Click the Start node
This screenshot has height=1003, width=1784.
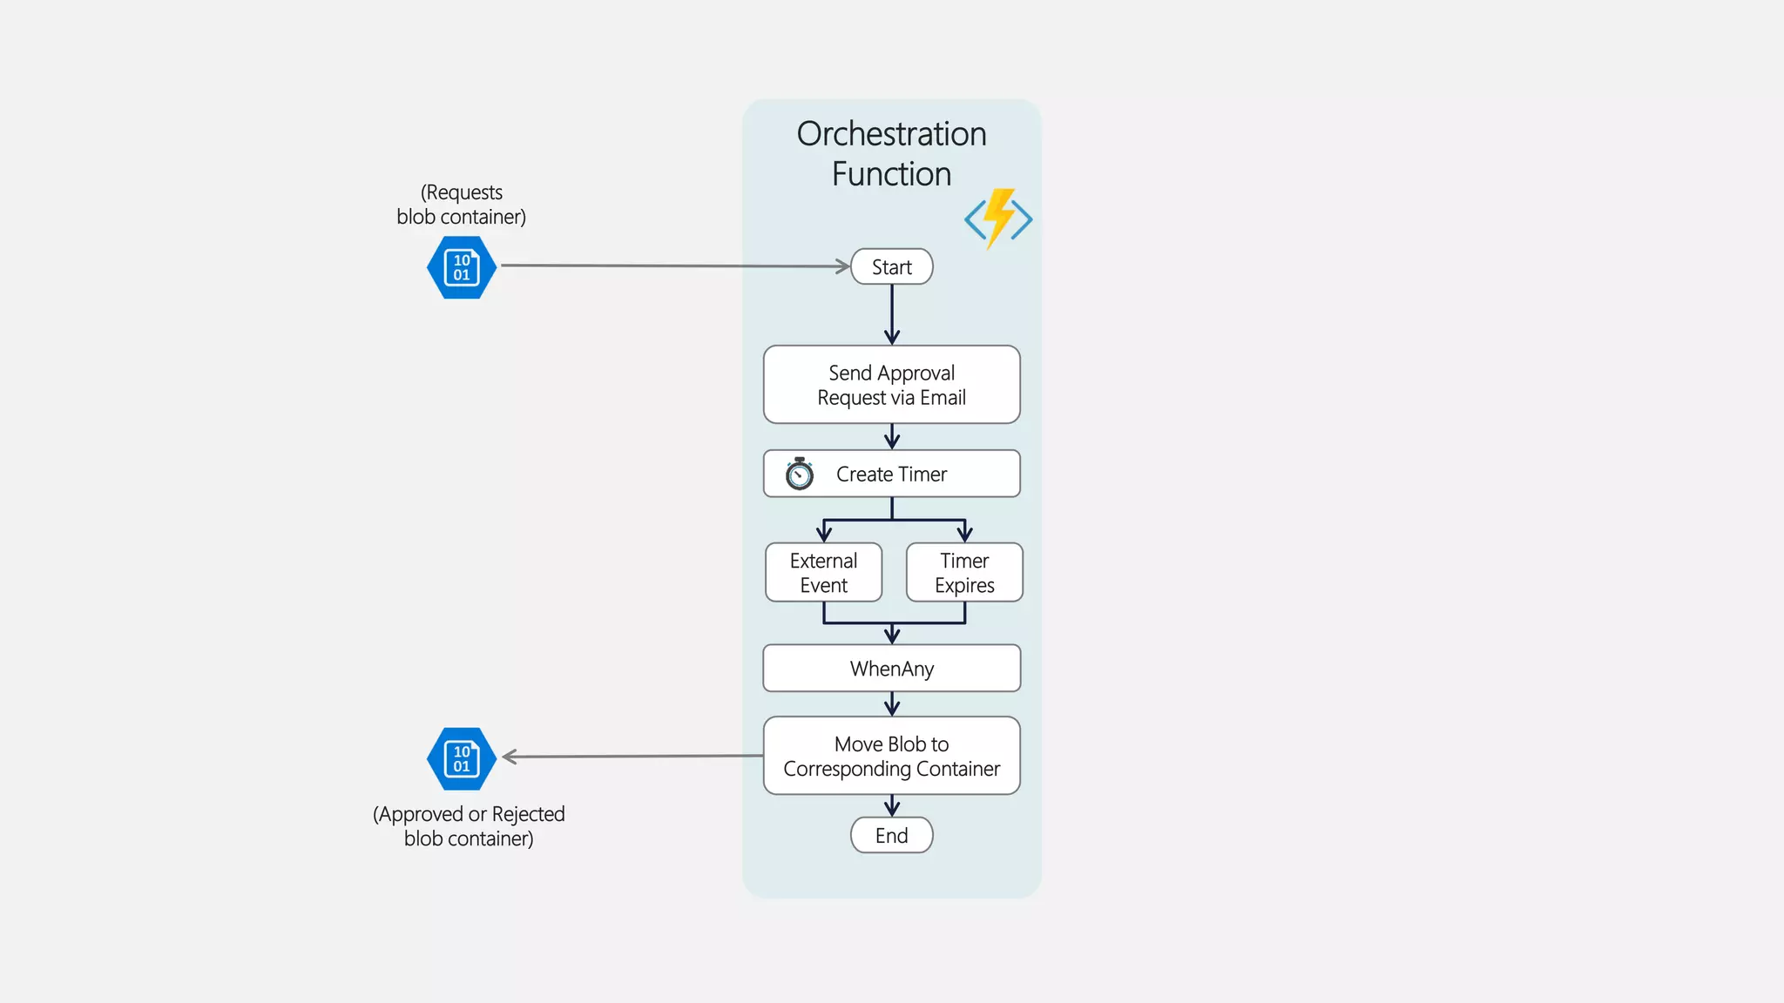[891, 266]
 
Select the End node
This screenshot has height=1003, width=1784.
[891, 835]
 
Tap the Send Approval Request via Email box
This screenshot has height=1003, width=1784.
[891, 385]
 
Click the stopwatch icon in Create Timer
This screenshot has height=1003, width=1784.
[799, 474]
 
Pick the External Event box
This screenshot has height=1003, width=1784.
[823, 572]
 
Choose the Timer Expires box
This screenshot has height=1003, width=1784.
[964, 572]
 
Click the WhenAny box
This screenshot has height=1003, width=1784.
[891, 668]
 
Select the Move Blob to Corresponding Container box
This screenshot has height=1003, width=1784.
[891, 756]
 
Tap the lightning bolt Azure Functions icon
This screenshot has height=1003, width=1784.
[998, 219]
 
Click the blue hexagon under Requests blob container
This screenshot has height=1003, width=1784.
[462, 267]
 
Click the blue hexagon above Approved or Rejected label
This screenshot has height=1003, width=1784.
[462, 758]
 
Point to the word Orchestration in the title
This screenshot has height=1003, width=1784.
[891, 134]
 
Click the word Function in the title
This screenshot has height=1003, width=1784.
[891, 174]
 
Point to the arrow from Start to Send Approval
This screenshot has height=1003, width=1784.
[892, 313]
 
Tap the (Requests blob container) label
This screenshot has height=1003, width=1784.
[462, 205]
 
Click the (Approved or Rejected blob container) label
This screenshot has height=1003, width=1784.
[469, 826]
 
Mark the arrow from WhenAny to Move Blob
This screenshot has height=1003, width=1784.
[892, 703]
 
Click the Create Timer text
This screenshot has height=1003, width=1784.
[891, 474]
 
